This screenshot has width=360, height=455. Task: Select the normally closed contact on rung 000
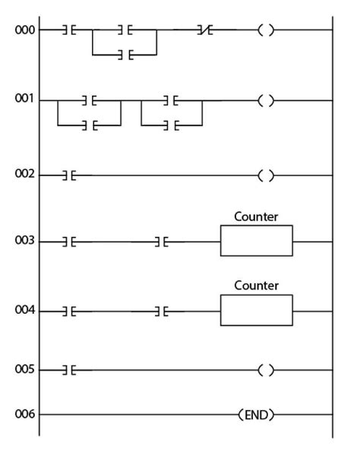click(204, 30)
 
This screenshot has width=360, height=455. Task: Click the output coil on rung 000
click(266, 30)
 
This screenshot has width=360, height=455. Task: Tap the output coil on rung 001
click(266, 100)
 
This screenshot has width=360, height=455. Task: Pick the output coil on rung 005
click(266, 371)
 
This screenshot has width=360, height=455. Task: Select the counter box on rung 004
click(256, 310)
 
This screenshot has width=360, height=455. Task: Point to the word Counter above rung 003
click(257, 216)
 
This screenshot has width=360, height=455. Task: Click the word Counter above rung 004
click(257, 286)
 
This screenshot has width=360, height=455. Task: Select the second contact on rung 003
click(160, 242)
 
